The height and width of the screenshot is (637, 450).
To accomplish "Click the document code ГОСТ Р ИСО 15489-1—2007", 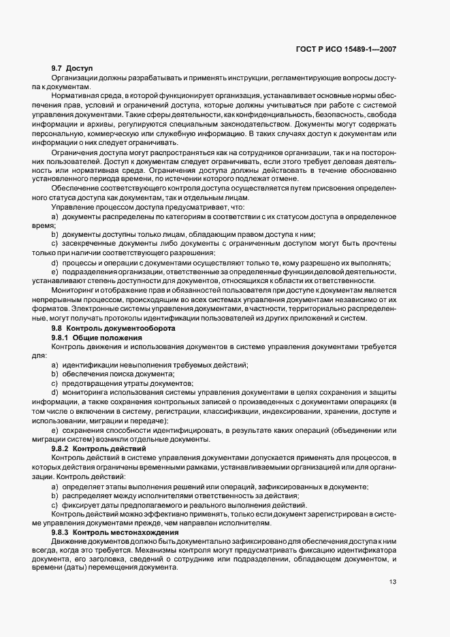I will tap(357, 49).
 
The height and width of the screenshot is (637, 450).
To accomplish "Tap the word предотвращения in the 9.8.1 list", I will tap(96, 384).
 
